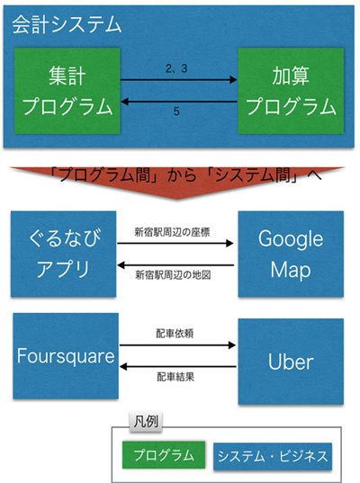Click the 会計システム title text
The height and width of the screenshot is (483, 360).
(67, 24)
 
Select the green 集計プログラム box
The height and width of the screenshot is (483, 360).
(67, 91)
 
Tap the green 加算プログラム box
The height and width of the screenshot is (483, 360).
(291, 91)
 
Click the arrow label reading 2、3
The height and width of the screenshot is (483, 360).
(176, 68)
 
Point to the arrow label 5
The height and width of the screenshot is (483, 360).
(176, 112)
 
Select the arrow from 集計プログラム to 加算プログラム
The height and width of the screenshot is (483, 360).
(179, 80)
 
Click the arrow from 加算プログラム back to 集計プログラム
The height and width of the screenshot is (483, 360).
(179, 101)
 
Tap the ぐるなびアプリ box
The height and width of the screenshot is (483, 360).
(64, 255)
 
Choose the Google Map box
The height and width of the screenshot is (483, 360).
(291, 255)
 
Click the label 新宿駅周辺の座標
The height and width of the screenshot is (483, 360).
(172, 232)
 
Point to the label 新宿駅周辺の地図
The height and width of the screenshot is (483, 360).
(173, 274)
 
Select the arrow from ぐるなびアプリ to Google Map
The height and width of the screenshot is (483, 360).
(175, 244)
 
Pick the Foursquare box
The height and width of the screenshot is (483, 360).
(66, 356)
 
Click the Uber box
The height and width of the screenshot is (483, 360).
(291, 362)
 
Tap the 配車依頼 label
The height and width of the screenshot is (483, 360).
(175, 334)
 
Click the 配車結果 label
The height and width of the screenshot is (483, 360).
(175, 377)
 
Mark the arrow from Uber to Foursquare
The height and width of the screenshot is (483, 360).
(178, 367)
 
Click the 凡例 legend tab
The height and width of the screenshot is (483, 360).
(146, 421)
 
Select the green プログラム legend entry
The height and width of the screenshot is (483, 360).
(164, 455)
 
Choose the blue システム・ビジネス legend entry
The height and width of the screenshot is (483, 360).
(273, 456)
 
